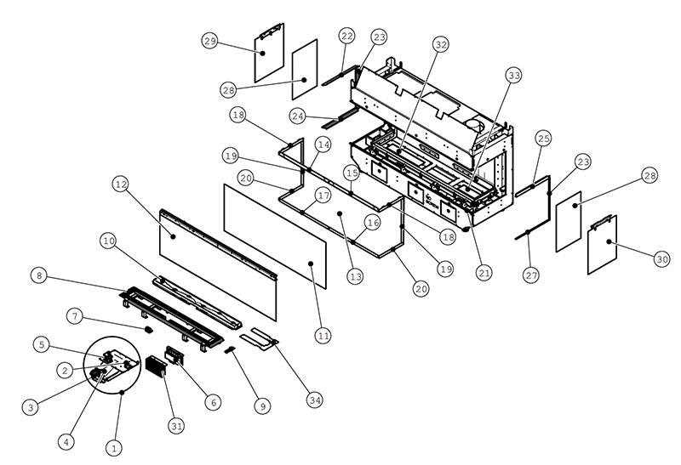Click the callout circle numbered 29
[210, 41]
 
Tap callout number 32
[441, 44]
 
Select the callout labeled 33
[514, 76]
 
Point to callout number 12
[121, 184]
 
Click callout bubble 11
[323, 335]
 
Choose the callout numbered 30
[662, 259]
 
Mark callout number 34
[315, 400]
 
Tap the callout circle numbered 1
[115, 447]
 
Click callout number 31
[176, 426]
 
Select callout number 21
[484, 273]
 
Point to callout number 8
[39, 276]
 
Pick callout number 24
[297, 116]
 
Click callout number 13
[356, 276]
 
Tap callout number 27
[531, 275]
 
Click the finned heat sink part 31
[157, 368]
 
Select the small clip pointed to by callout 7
[148, 330]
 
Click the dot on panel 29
[263, 53]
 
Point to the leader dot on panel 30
[609, 241]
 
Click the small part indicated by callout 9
[230, 349]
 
